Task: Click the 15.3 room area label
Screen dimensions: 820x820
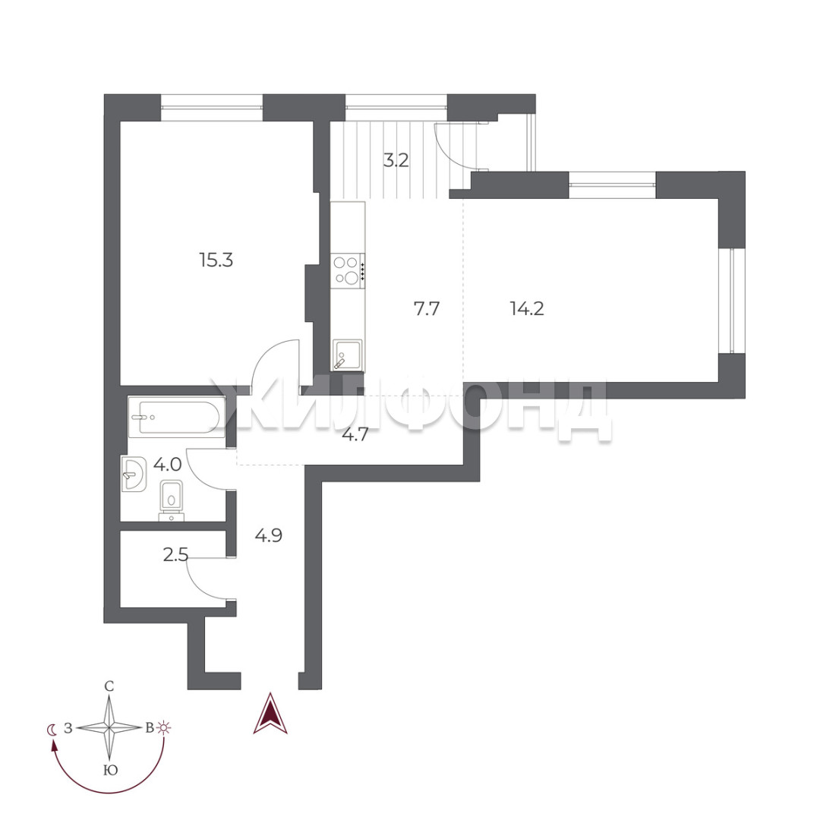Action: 216,260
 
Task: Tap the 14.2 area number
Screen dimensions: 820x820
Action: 527,308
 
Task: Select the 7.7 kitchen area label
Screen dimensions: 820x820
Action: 427,308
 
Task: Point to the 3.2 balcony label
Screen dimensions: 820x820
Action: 396,159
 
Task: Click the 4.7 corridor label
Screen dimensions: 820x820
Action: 355,434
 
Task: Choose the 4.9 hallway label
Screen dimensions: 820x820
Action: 269,535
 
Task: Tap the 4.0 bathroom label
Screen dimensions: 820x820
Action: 167,463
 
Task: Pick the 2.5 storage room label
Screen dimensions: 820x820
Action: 175,553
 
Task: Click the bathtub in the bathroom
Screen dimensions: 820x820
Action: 177,417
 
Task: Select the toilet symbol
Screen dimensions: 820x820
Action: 172,500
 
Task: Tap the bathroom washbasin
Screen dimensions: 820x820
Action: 134,474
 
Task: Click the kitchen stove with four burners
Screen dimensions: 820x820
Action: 347,271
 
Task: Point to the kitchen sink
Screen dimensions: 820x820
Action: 347,355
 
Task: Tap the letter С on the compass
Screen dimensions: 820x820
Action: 109,686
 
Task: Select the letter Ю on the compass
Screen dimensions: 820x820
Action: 110,771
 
